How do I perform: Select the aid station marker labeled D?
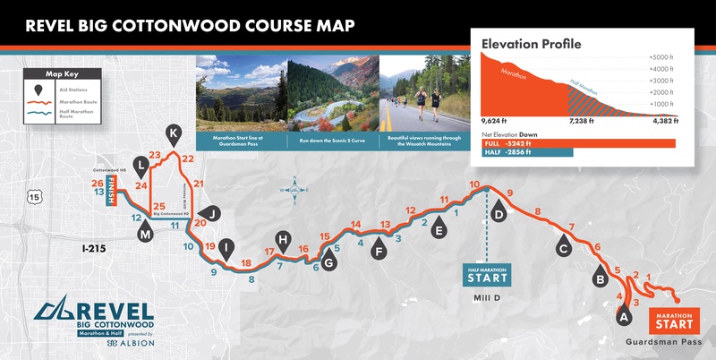[x=499, y=212]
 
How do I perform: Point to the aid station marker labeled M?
[x=146, y=233]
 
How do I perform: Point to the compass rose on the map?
[x=294, y=190]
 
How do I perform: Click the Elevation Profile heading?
[x=532, y=44]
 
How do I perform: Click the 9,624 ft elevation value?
[x=495, y=120]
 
